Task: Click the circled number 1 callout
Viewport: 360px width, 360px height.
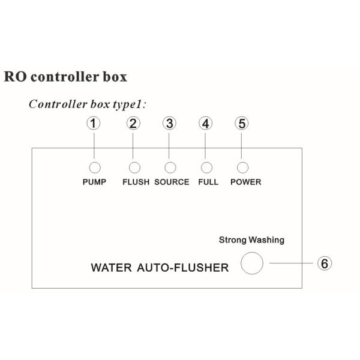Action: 94,124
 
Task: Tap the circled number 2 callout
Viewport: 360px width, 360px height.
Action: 134,124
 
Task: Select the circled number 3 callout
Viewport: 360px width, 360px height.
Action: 170,124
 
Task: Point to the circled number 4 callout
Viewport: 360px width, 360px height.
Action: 206,124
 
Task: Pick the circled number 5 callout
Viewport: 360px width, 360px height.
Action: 242,124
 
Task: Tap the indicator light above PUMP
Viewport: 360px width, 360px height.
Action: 94,167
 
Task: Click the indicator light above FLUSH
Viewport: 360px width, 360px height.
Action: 135,167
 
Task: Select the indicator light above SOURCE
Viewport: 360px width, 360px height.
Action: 171,167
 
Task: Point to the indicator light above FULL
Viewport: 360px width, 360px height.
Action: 208,167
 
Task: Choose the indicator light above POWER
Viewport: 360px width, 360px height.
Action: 243,167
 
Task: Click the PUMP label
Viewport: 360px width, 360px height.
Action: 94,182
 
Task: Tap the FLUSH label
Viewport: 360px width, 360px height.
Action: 136,182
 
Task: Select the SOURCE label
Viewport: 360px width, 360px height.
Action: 172,182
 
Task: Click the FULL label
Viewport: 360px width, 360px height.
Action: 208,182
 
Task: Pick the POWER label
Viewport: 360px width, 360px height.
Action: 246,182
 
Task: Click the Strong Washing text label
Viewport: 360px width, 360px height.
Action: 251,240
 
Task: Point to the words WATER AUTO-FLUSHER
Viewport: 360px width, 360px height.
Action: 160,268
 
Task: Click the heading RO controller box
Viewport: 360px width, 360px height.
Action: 65,77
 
